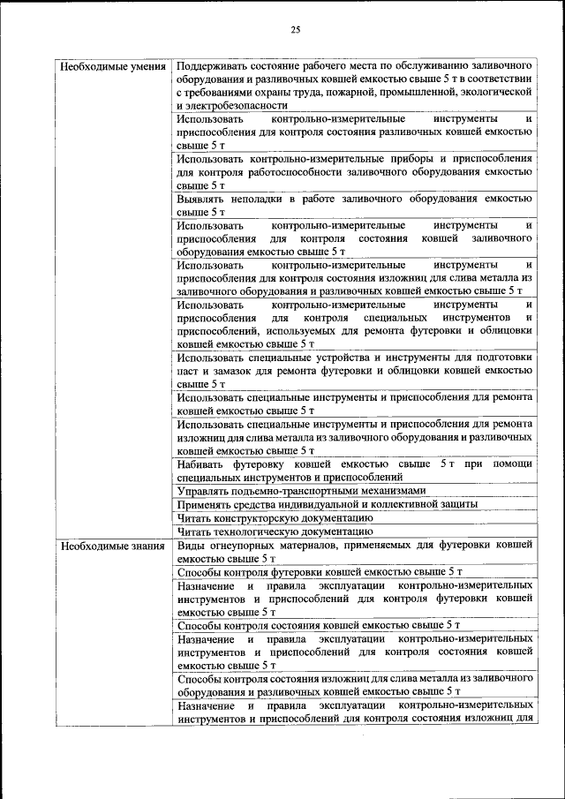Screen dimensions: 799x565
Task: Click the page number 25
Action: click(295, 31)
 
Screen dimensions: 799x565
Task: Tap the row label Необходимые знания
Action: click(112, 546)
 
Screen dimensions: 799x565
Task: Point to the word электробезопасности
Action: click(231, 104)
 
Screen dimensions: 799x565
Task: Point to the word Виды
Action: click(191, 546)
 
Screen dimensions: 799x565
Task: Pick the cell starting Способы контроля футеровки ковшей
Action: click(319, 571)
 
